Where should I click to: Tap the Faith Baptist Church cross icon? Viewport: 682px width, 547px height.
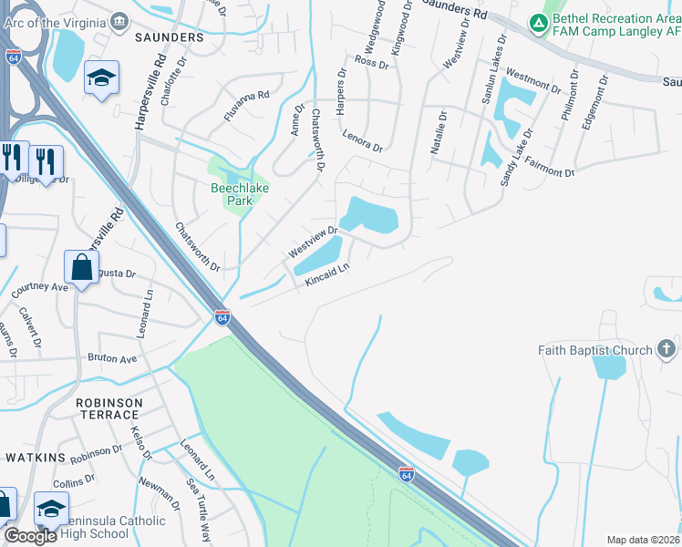click(666, 349)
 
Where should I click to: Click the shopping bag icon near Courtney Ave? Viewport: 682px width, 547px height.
click(81, 267)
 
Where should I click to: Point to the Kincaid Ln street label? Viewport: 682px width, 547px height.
click(327, 274)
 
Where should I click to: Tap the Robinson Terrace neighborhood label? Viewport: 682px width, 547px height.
click(109, 408)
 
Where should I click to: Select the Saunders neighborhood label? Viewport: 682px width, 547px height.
click(170, 37)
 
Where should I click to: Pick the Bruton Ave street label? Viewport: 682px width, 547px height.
click(111, 358)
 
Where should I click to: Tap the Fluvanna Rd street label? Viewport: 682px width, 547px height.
click(247, 106)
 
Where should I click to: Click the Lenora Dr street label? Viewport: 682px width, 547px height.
click(363, 139)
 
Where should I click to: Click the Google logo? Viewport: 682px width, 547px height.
click(30, 536)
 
